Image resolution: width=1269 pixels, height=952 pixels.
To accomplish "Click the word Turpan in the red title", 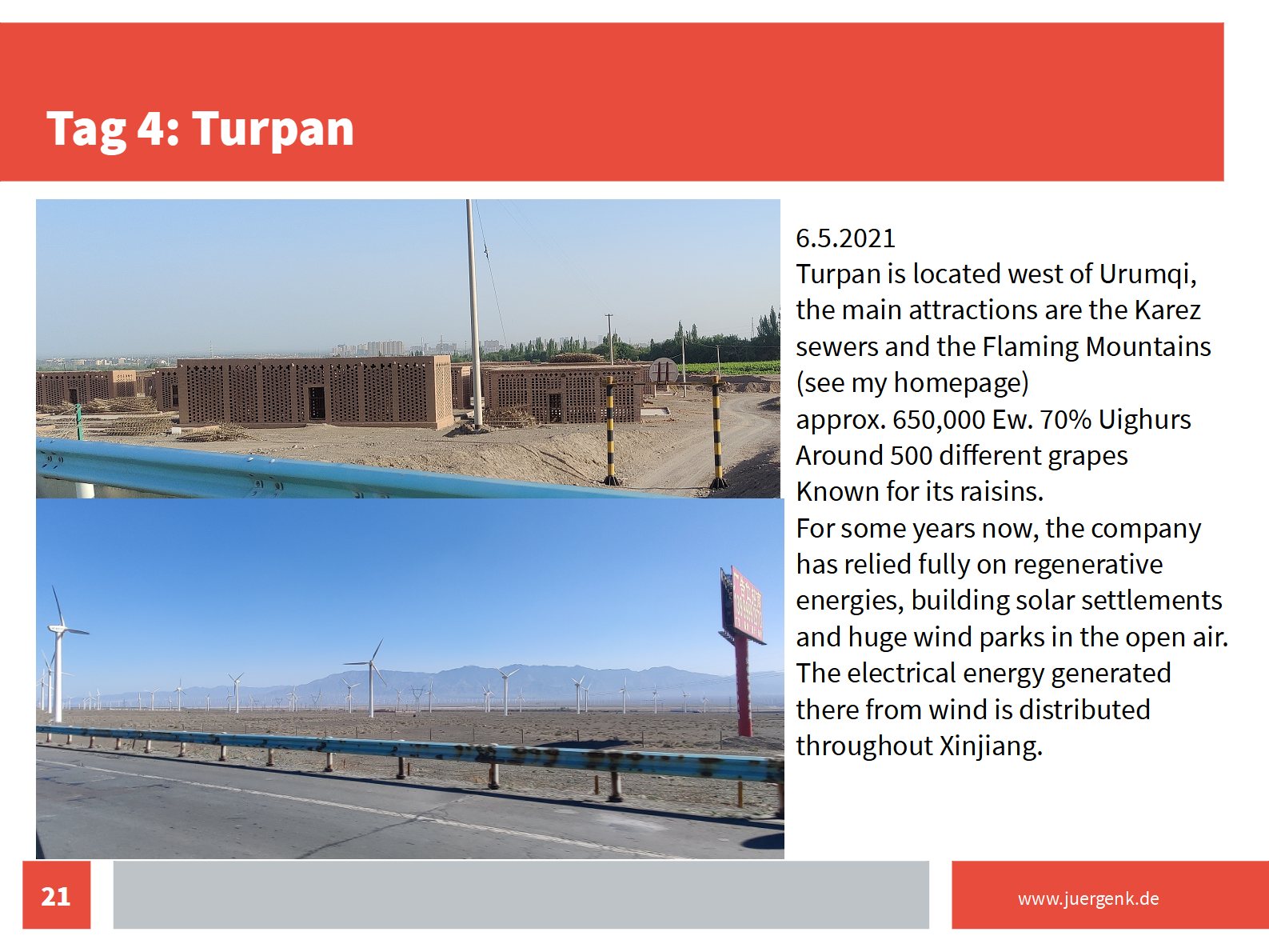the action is [273, 128].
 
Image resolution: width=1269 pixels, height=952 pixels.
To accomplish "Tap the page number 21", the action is [55, 897].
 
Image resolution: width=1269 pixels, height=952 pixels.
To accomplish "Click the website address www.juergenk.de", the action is [1088, 898].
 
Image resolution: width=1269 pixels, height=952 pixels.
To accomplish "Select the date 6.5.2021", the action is [845, 238].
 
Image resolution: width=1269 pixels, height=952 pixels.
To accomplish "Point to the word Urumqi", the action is [1147, 274].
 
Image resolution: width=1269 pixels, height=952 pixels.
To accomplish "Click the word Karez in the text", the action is [1167, 310].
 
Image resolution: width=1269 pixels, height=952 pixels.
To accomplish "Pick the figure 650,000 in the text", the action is [938, 420].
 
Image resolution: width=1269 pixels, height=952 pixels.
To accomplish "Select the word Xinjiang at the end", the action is [991, 746].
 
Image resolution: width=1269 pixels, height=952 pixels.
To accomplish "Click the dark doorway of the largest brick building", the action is [316, 402].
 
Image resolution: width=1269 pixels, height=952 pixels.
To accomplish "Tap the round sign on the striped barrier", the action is [664, 370].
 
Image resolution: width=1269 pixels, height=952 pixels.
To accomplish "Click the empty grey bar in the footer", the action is [521, 894].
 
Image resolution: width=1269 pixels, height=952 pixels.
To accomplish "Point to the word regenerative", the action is [1087, 565].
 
